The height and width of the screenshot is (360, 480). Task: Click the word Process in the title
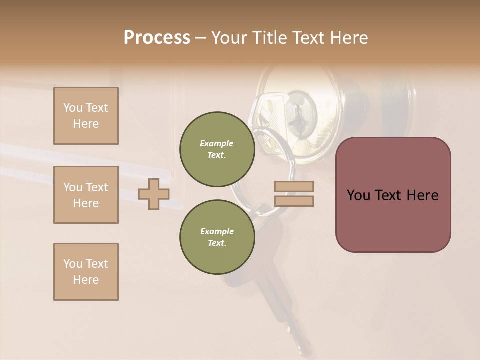[x=157, y=38]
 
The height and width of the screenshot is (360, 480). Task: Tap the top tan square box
[x=86, y=116]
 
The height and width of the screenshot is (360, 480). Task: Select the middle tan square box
[x=86, y=195]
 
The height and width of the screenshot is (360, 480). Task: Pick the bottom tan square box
[x=86, y=272]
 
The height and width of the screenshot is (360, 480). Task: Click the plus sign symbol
[x=154, y=194]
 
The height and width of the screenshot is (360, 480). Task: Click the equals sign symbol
[x=294, y=194]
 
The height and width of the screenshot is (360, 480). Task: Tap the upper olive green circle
[x=217, y=149]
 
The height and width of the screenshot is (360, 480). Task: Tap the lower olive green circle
[x=217, y=237]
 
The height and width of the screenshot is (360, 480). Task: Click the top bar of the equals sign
[x=294, y=186]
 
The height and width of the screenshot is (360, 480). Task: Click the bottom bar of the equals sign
[x=294, y=201]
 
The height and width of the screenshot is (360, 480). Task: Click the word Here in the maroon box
[x=422, y=195]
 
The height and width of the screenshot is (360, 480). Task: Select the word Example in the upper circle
[x=216, y=143]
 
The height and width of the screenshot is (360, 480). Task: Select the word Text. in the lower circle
[x=217, y=243]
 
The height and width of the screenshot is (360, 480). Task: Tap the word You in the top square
[x=73, y=108]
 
